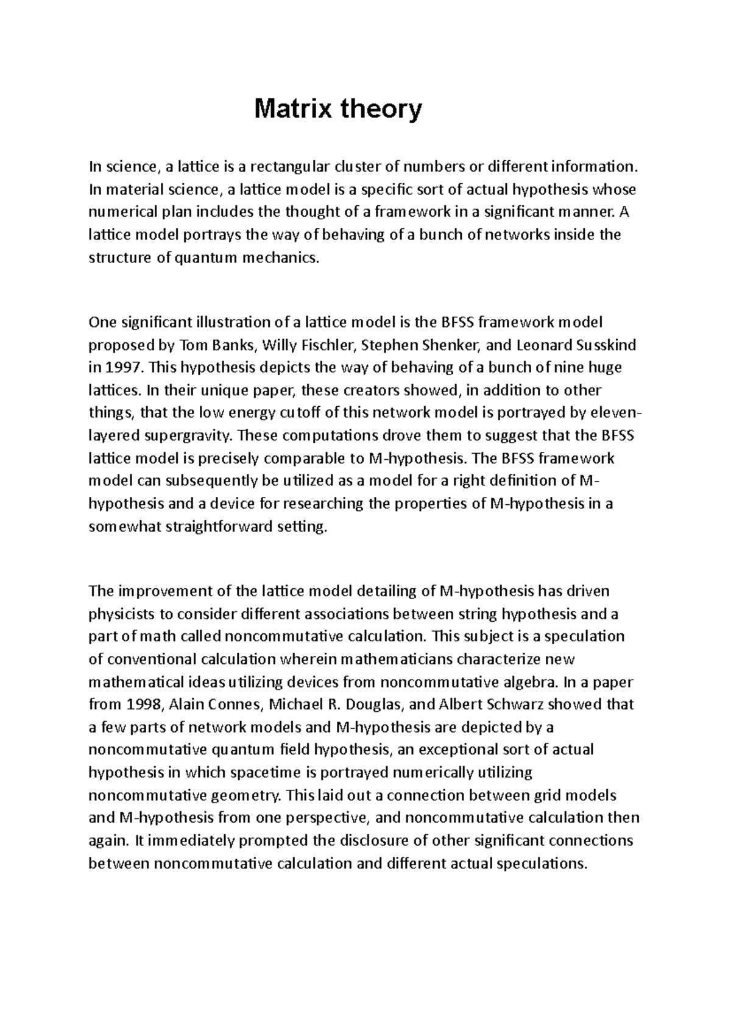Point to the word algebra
coord(525,682)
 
